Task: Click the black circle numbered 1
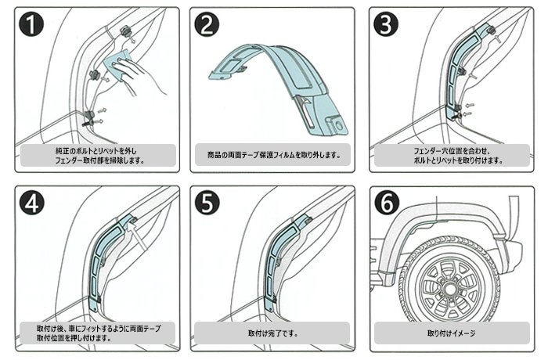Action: [31, 25]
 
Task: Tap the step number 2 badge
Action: [207, 25]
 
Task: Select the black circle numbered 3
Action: [386, 25]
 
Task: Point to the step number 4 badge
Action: [32, 203]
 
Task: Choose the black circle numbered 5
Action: [207, 203]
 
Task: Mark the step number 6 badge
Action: [387, 203]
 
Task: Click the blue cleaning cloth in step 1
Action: [117, 64]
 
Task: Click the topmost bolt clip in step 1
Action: [126, 31]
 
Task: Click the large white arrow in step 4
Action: [137, 235]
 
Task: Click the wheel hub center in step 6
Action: [449, 289]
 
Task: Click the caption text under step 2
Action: [274, 155]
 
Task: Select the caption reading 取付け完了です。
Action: [273, 333]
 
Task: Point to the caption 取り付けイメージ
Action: [451, 333]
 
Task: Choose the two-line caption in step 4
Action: [99, 333]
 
